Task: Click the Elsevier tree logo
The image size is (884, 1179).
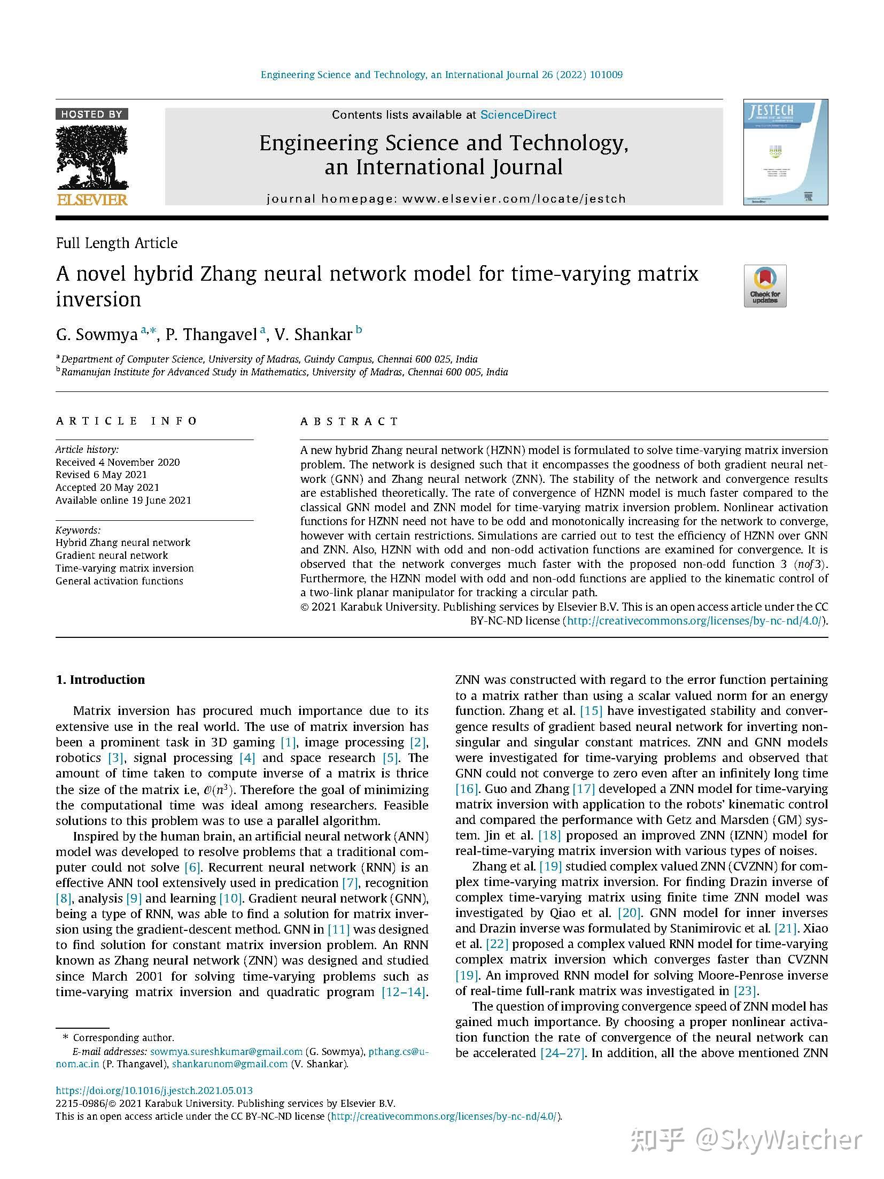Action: point(92,158)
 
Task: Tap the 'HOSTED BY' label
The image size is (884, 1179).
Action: point(91,114)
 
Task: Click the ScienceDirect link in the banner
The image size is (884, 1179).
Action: point(518,114)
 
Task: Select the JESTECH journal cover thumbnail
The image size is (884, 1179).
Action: point(785,152)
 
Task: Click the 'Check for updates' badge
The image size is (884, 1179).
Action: point(765,286)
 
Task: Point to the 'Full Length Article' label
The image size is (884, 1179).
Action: point(117,243)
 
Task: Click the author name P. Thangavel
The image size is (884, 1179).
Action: point(212,335)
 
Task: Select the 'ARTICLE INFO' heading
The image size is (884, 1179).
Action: point(127,421)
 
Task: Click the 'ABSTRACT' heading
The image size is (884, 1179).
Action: point(350,421)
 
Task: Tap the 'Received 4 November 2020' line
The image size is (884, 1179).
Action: point(118,462)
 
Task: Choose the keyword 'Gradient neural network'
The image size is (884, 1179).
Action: point(112,555)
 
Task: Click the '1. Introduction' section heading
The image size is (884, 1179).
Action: point(100,680)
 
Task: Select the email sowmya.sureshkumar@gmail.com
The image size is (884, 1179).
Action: point(227,1052)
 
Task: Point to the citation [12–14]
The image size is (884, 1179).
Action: point(404,992)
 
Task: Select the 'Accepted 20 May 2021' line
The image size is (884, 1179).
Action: point(107,487)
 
